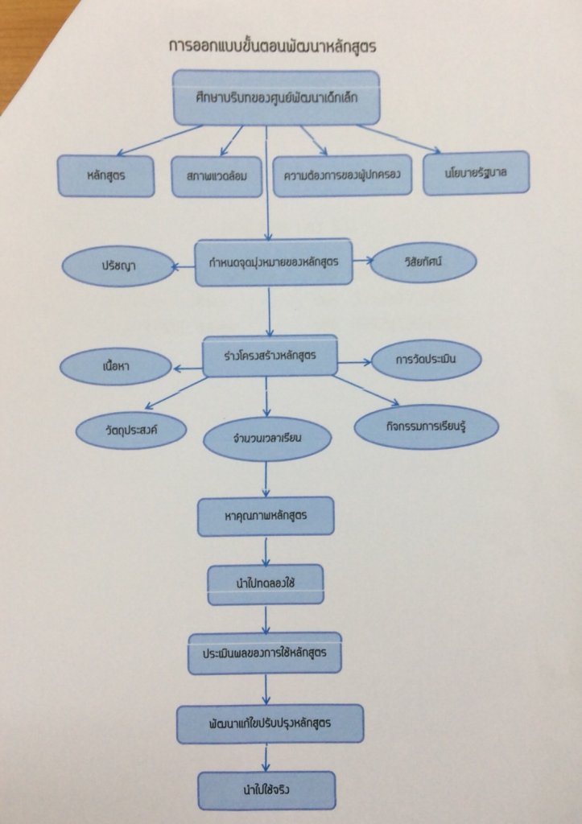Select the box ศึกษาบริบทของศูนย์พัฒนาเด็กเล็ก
(x=276, y=97)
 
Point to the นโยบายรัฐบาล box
(x=476, y=172)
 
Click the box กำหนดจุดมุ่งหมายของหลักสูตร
(x=274, y=262)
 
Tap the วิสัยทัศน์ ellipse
(x=423, y=262)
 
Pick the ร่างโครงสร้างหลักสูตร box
(x=270, y=356)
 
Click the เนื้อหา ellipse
(x=118, y=368)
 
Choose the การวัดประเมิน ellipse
(x=427, y=360)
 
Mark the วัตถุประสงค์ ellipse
(x=131, y=430)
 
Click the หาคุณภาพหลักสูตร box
(x=266, y=516)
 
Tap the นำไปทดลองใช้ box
(x=265, y=585)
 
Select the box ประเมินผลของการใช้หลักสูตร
(x=265, y=653)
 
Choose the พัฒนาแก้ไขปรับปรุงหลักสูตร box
(x=270, y=723)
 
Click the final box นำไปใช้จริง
(x=266, y=790)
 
